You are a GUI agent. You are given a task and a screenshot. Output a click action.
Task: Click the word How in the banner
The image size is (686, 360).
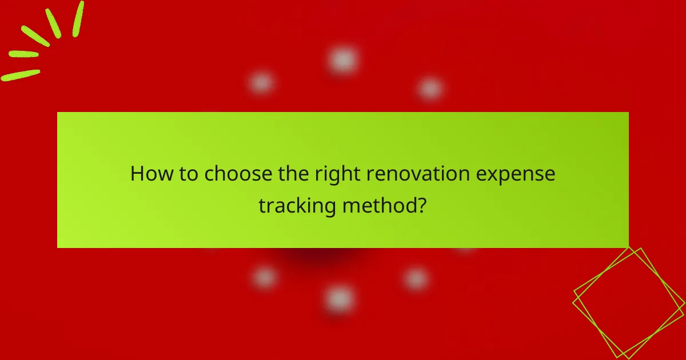click(x=149, y=174)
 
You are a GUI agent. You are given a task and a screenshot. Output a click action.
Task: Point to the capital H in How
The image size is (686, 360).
click(x=137, y=174)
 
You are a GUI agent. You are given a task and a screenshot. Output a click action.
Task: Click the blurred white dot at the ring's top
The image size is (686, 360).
click(x=343, y=59)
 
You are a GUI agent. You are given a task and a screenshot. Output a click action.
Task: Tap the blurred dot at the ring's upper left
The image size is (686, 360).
click(x=261, y=83)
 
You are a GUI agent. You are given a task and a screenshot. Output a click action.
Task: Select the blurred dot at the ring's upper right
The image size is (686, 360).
click(x=430, y=89)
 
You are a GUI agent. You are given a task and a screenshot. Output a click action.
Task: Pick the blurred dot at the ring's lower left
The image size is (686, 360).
click(x=264, y=277)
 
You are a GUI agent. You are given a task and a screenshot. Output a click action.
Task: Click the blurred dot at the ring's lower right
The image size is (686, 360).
click(x=416, y=279)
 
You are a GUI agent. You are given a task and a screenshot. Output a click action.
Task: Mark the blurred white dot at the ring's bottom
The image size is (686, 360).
click(x=339, y=298)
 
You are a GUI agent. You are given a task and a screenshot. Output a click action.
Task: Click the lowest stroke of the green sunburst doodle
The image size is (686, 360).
click(x=21, y=75)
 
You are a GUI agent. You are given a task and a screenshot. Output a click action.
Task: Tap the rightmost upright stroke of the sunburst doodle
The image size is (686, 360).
click(x=78, y=19)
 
